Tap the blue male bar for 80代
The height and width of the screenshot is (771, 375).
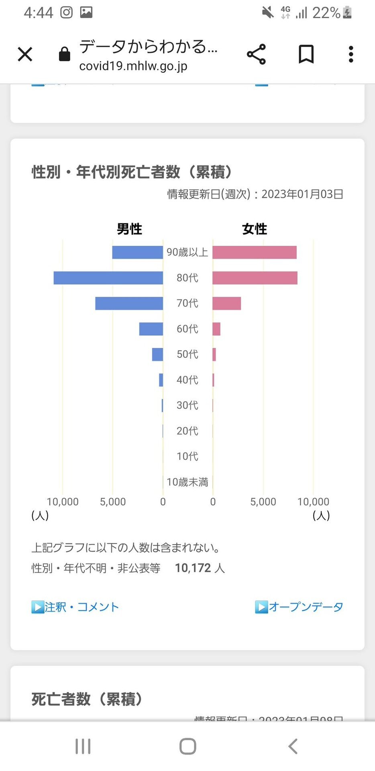108,278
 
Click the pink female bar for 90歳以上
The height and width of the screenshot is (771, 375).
255,252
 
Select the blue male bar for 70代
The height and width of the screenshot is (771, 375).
129,303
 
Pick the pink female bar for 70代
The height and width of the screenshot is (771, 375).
226,303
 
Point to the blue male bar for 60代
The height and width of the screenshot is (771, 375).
151,329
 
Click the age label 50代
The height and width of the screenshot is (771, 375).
187,354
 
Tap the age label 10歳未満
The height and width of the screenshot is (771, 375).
187,482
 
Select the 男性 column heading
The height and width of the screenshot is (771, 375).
129,229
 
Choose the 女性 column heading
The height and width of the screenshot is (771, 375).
255,229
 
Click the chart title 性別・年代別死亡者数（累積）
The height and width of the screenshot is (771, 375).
132,172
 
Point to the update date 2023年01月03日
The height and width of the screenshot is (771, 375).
302,194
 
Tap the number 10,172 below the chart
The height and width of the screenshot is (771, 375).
193,568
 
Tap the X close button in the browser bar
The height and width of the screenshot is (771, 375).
25,54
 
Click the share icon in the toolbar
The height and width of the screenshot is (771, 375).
256,54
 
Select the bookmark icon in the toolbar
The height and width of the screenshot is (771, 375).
306,54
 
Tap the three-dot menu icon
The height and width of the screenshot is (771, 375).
351,54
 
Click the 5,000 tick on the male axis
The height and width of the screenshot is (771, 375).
113,502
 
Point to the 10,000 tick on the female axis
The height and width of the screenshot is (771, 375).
313,502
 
